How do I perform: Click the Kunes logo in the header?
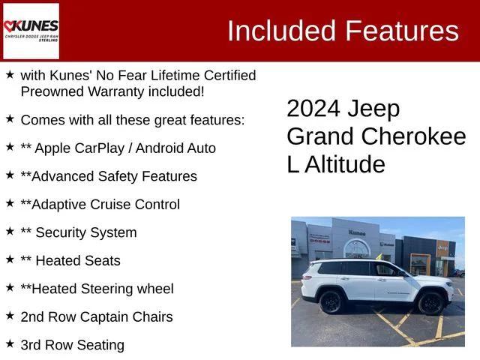[x=31, y=31]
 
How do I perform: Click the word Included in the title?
[x=281, y=31]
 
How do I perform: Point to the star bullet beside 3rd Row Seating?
[x=10, y=343]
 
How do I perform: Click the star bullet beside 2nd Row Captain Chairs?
[x=10, y=316]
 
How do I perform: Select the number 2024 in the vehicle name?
[x=313, y=109]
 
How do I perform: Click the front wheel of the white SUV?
[x=430, y=304]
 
